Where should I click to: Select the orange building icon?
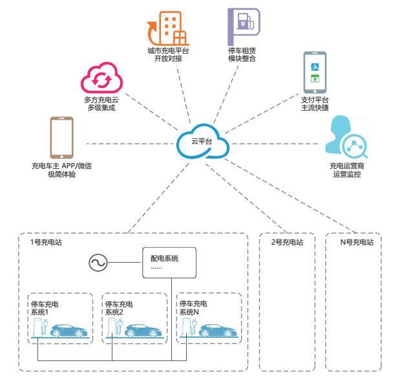pos(169,28)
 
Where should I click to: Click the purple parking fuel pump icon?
pos(243,25)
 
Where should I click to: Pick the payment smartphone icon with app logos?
pos(315,72)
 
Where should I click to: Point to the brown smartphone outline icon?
pos(61,138)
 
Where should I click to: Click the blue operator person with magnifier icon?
pos(346,138)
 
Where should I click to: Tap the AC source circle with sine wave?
pos(98,263)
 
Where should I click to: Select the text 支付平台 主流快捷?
pos(315,104)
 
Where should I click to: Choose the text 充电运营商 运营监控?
pos(346,170)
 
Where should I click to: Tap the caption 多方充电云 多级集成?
pos(100,104)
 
